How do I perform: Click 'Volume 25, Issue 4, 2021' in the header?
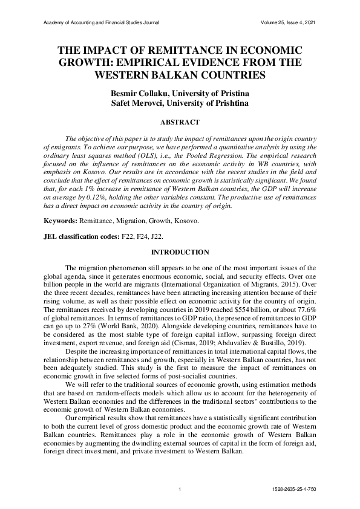287,23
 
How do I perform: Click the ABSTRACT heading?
180,122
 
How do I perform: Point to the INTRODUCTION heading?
180,252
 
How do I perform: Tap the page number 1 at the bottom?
180,488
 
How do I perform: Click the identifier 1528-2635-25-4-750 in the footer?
293,488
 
